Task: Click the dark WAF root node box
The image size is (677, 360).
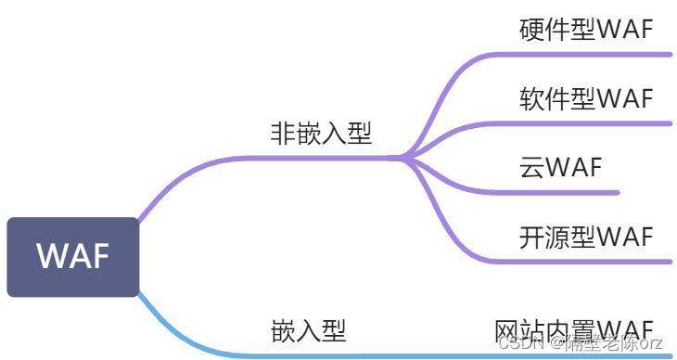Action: click(x=72, y=257)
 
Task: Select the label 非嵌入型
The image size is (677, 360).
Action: click(x=321, y=134)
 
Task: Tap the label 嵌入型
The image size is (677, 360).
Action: click(x=309, y=330)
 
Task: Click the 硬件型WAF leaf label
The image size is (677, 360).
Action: click(x=586, y=30)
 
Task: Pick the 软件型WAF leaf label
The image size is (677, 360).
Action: click(x=586, y=98)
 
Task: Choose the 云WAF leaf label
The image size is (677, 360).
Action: click(x=561, y=167)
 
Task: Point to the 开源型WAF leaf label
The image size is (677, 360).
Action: click(x=586, y=236)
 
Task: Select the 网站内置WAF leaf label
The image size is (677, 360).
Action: click(x=574, y=329)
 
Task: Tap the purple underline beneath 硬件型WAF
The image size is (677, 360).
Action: click(x=594, y=55)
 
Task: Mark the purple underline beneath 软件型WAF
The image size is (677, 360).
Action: click(x=594, y=123)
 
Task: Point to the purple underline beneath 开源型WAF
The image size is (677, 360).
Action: click(x=594, y=261)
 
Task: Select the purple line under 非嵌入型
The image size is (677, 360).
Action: click(x=315, y=158)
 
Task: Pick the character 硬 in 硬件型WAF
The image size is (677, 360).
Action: click(x=531, y=30)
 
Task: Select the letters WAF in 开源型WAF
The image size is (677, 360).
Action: click(x=625, y=236)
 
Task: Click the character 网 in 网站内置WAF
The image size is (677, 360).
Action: click(x=506, y=329)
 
